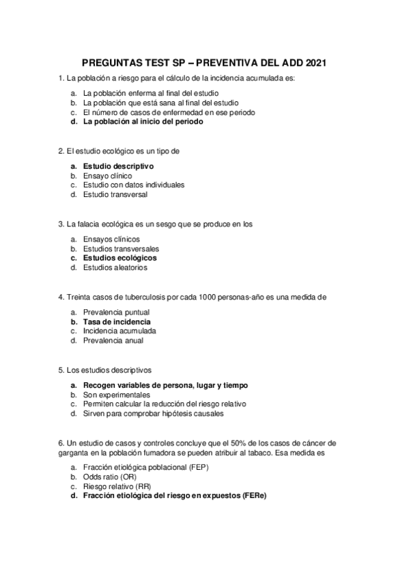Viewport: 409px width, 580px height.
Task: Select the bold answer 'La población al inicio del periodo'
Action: [143, 122]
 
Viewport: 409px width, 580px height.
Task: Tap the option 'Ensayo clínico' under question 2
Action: [107, 176]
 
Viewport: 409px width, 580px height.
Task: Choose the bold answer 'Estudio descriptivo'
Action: [118, 166]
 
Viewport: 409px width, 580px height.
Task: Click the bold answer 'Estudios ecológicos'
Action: [119, 259]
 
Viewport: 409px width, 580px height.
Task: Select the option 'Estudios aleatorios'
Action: [115, 268]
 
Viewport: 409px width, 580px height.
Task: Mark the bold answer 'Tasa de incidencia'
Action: [117, 321]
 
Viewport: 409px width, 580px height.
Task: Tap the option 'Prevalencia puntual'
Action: [117, 312]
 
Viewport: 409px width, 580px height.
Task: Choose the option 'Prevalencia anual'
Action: [113, 341]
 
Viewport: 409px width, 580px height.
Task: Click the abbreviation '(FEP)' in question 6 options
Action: [197, 467]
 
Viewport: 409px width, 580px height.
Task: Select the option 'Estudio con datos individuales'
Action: [134, 185]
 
